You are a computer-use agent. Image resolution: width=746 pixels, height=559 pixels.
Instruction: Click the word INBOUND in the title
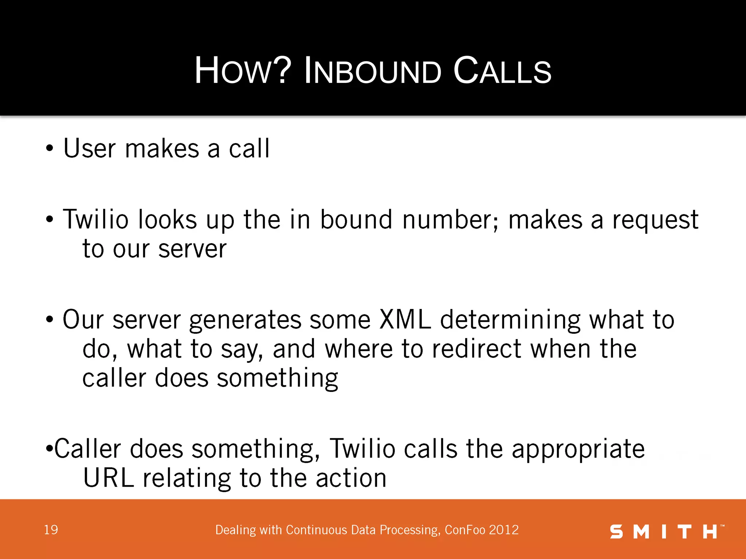[x=372, y=71]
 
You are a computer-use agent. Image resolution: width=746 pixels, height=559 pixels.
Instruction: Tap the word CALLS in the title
[x=502, y=71]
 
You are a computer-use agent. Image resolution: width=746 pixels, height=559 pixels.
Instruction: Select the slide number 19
[x=51, y=530]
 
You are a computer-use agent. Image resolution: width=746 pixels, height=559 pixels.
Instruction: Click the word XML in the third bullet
[x=405, y=320]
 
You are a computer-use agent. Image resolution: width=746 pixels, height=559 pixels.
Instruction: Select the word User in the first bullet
[x=90, y=148]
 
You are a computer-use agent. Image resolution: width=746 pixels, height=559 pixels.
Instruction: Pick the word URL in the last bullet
[x=109, y=478]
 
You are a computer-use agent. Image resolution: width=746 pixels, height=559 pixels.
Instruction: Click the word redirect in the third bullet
[x=476, y=349]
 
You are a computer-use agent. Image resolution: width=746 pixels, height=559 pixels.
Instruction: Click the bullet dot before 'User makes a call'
[x=50, y=149]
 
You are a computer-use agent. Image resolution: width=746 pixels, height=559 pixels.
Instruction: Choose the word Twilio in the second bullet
[x=96, y=220]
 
